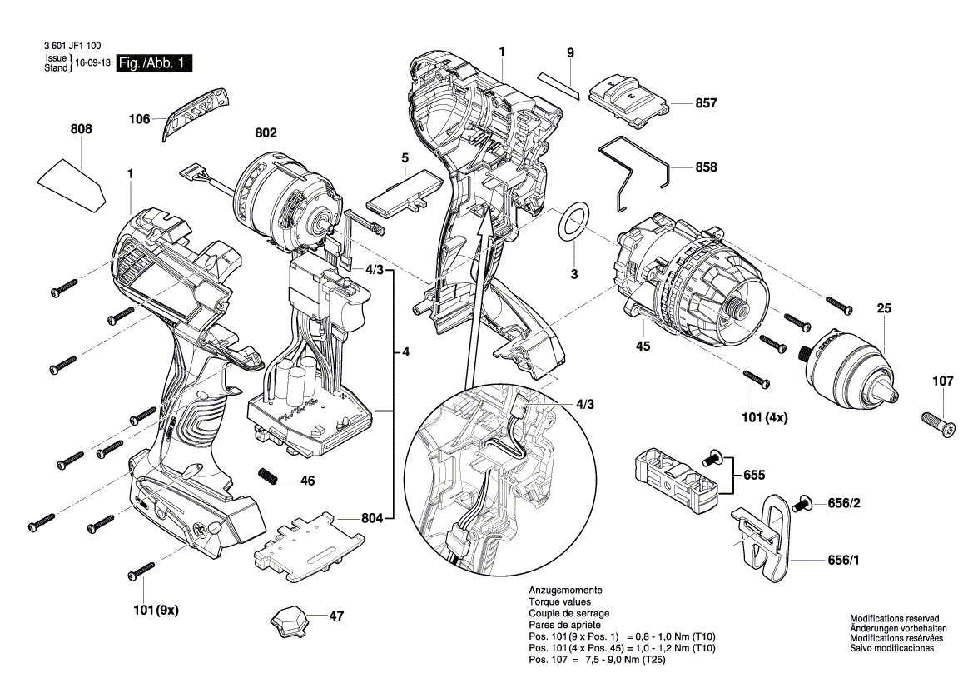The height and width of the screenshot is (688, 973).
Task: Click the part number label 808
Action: tap(82, 129)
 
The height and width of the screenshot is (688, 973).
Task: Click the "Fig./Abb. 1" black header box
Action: tap(156, 63)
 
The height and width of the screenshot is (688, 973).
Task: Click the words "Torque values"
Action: tap(559, 601)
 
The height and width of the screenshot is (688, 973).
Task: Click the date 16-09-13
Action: tap(94, 64)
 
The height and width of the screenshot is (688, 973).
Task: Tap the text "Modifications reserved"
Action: tap(894, 619)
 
